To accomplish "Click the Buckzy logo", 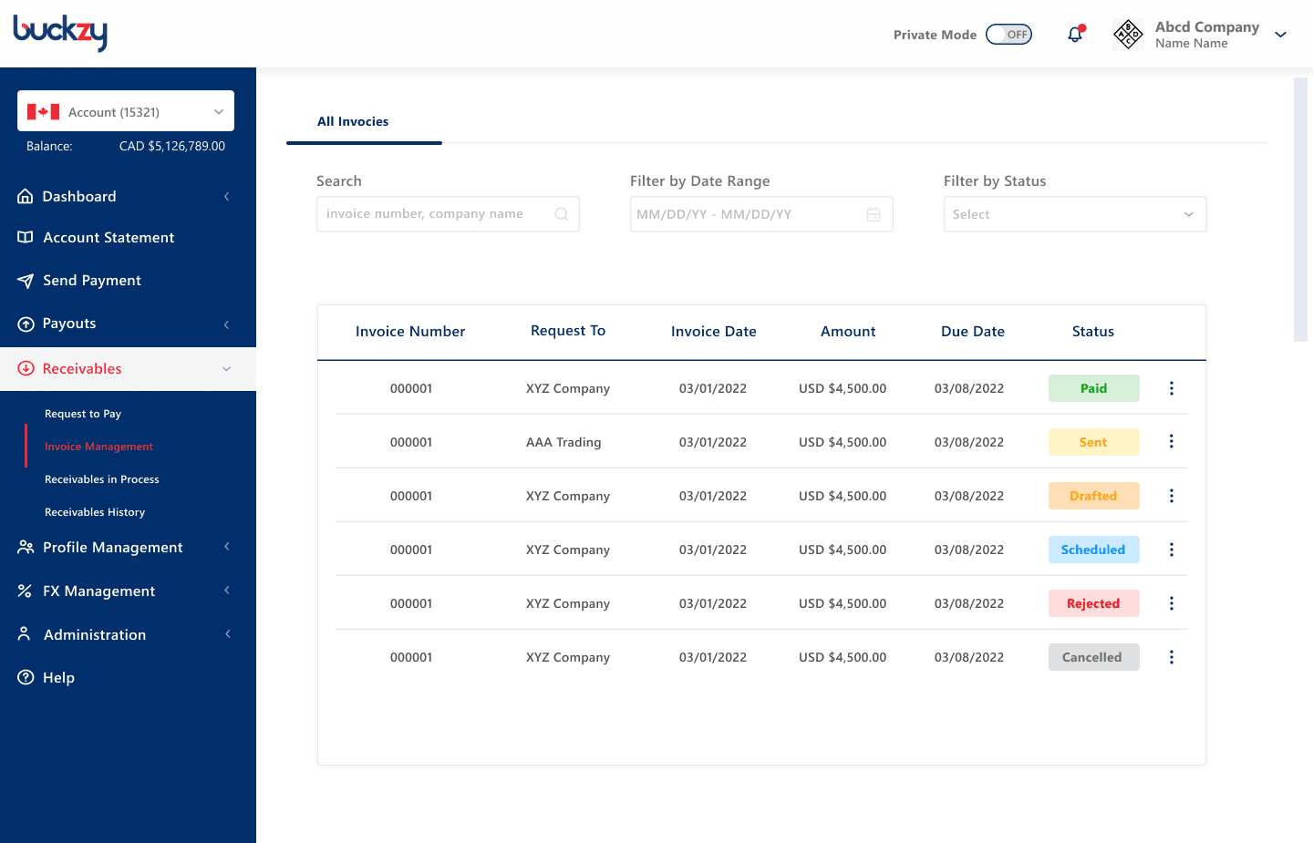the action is click(60, 33).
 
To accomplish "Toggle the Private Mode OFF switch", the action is click(1008, 35).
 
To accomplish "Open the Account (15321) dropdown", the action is click(126, 111).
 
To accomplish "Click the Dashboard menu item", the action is click(79, 196).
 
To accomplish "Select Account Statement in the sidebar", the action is click(109, 237).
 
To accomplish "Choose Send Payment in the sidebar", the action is click(91, 281).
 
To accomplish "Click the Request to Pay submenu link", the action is click(83, 414).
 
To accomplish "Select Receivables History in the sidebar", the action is click(95, 512).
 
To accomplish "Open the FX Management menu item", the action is click(98, 591).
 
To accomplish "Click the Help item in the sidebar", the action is click(58, 678).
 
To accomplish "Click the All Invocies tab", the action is click(353, 121).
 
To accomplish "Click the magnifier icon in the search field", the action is click(562, 214).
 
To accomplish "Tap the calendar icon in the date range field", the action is click(874, 214).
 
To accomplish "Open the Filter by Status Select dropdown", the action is click(1075, 214).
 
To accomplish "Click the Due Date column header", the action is click(972, 332).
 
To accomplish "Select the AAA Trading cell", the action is click(563, 442).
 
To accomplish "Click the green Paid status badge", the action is click(1094, 388).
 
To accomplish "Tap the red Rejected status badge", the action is click(1094, 603).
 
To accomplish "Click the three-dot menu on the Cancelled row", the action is click(1171, 657).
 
